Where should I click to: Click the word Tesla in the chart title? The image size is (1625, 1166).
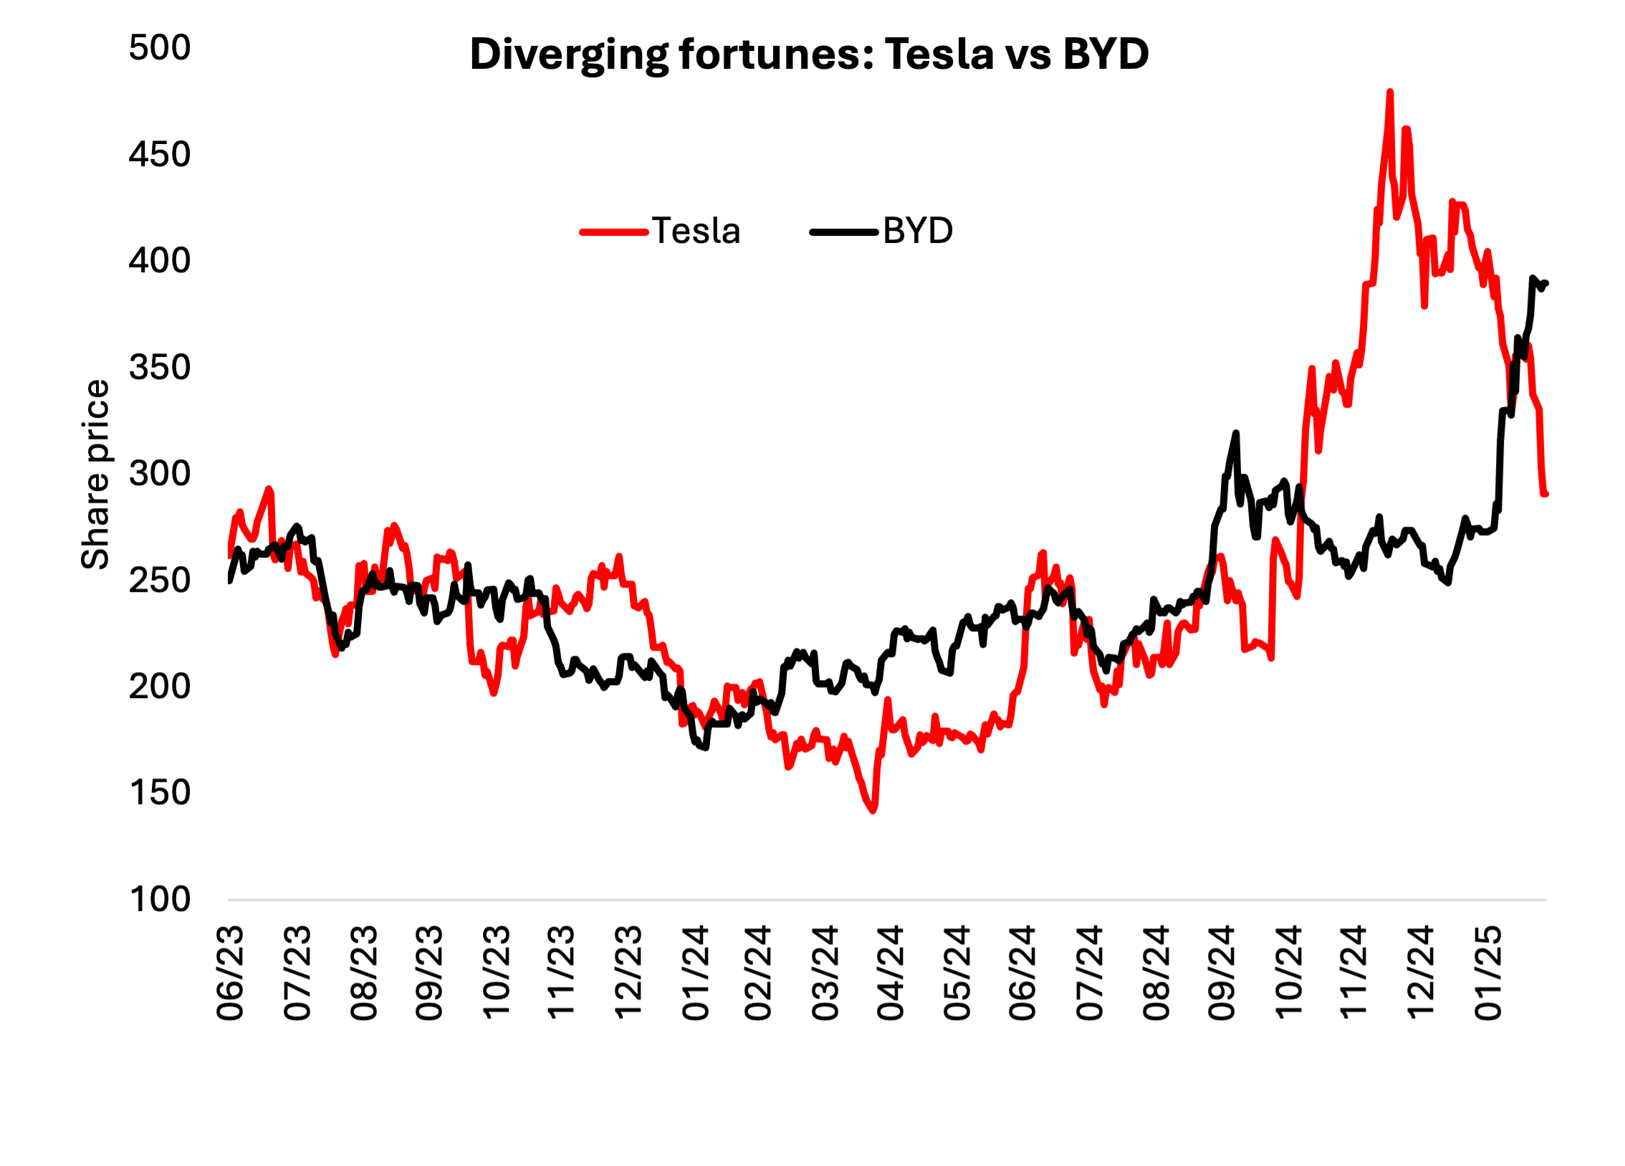pyautogui.click(x=939, y=54)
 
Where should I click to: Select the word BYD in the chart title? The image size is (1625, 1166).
pyautogui.click(x=1106, y=54)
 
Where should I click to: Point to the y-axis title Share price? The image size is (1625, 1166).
pyautogui.click(x=95, y=474)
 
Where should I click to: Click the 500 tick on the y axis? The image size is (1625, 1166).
pyautogui.click(x=160, y=48)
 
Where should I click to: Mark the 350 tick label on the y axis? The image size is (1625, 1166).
pyautogui.click(x=160, y=368)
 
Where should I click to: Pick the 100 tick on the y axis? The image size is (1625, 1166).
pyautogui.click(x=160, y=899)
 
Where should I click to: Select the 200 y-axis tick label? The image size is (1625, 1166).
pyautogui.click(x=160, y=687)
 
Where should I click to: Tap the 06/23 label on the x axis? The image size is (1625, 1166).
pyautogui.click(x=230, y=973)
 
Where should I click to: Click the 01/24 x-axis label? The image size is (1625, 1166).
pyautogui.click(x=695, y=973)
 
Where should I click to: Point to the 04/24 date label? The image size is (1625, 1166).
pyautogui.click(x=891, y=973)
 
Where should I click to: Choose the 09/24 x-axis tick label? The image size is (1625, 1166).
pyautogui.click(x=1221, y=973)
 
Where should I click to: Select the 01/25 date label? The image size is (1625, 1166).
pyautogui.click(x=1487, y=973)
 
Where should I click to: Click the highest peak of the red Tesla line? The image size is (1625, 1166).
pyautogui.click(x=1390, y=92)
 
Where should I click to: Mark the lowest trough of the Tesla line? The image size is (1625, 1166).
pyautogui.click(x=873, y=811)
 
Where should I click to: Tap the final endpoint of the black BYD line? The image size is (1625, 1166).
pyautogui.click(x=1546, y=283)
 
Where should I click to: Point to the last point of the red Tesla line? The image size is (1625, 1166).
pyautogui.click(x=1545, y=494)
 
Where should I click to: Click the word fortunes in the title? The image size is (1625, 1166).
pyautogui.click(x=776, y=54)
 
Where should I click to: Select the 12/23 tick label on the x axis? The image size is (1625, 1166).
pyautogui.click(x=628, y=973)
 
